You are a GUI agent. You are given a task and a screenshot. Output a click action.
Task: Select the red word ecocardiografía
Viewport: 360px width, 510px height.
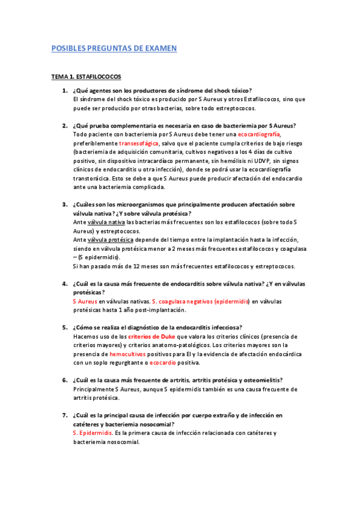(260, 135)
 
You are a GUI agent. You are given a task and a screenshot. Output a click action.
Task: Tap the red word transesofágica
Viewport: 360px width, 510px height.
(139, 144)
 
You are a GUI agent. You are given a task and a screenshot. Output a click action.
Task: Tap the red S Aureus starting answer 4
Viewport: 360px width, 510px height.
(85, 301)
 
